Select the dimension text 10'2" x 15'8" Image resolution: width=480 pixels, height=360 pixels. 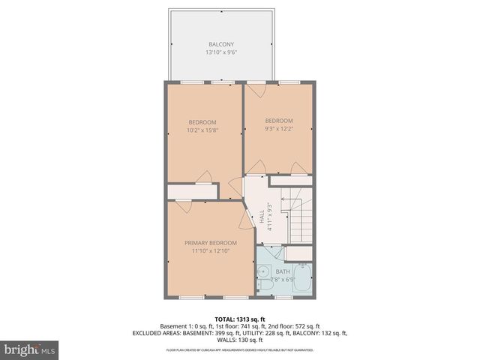point(202,130)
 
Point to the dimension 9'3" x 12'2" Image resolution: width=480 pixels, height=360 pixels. point(279,128)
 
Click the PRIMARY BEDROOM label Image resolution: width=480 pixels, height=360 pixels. point(211,242)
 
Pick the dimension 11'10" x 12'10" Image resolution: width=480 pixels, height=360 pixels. point(211,250)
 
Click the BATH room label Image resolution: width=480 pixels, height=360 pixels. point(283,271)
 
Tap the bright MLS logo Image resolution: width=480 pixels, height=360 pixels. point(30,349)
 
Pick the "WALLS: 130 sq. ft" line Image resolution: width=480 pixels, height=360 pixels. point(240,340)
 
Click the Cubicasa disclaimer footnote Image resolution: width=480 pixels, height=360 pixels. point(240,349)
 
